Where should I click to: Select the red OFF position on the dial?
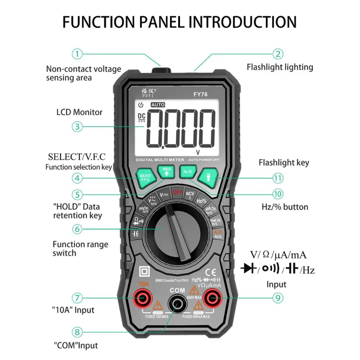(x=177, y=192)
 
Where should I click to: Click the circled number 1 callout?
(x=77, y=54)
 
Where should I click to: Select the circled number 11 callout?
(x=278, y=178)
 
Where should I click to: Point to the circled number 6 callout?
(x=77, y=229)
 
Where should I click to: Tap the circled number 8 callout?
(x=77, y=332)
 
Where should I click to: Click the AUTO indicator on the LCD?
(x=158, y=105)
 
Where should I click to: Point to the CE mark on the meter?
(x=210, y=272)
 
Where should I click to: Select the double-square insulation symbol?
(x=145, y=271)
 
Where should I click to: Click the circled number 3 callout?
(x=77, y=126)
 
